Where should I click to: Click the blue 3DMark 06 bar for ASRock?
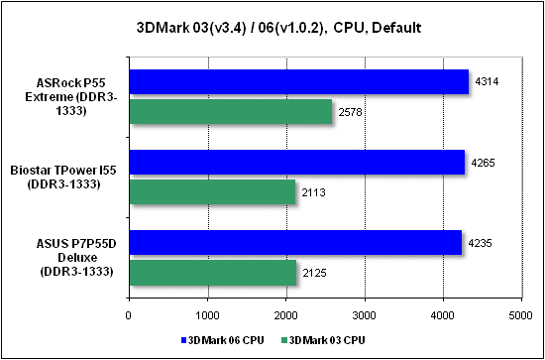299,81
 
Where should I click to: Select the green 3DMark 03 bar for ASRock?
231,112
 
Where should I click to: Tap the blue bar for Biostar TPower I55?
297,162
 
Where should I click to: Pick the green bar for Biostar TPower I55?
212,191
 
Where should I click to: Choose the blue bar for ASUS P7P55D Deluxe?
296,242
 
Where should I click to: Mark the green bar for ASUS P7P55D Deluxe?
213,273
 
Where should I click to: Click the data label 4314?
488,82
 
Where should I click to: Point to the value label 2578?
351,112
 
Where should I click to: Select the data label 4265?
484,163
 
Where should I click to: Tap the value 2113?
314,192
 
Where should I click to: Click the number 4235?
481,243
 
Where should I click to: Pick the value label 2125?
315,273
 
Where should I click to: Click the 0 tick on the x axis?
129,314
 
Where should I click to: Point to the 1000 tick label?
207,314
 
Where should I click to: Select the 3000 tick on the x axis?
365,314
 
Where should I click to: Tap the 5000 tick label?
521,314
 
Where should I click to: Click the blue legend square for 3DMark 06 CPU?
183,340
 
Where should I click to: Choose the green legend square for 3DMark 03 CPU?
283,340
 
